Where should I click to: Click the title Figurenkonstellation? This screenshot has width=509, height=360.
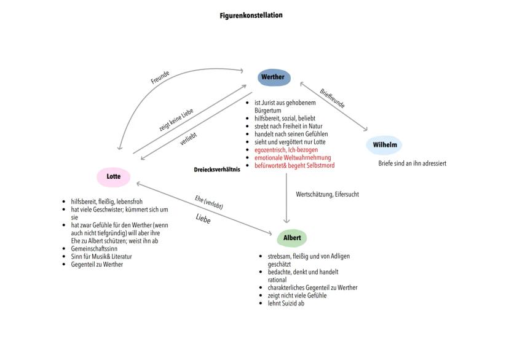(251, 15)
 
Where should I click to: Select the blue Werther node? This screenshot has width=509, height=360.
(273, 77)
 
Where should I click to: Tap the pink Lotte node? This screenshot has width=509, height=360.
(114, 177)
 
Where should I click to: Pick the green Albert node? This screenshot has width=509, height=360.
(291, 237)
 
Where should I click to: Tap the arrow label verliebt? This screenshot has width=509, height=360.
(187, 135)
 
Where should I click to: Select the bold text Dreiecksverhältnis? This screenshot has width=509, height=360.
(216, 169)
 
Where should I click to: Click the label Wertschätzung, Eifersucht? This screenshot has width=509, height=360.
(327, 194)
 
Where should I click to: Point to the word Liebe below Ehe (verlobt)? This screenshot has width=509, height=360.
(203, 217)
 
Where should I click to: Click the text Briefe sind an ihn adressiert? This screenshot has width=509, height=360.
(412, 163)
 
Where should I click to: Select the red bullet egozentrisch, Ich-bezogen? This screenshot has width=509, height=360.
(286, 150)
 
